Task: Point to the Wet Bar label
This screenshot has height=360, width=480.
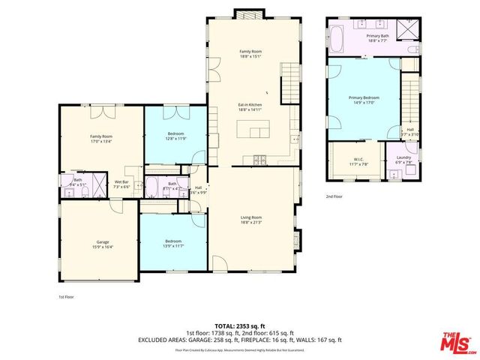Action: pos(121,182)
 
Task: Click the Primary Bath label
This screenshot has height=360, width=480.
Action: pos(378,35)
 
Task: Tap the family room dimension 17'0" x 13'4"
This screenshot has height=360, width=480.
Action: pos(101,140)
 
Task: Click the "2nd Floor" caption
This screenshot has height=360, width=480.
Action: pos(334,196)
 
